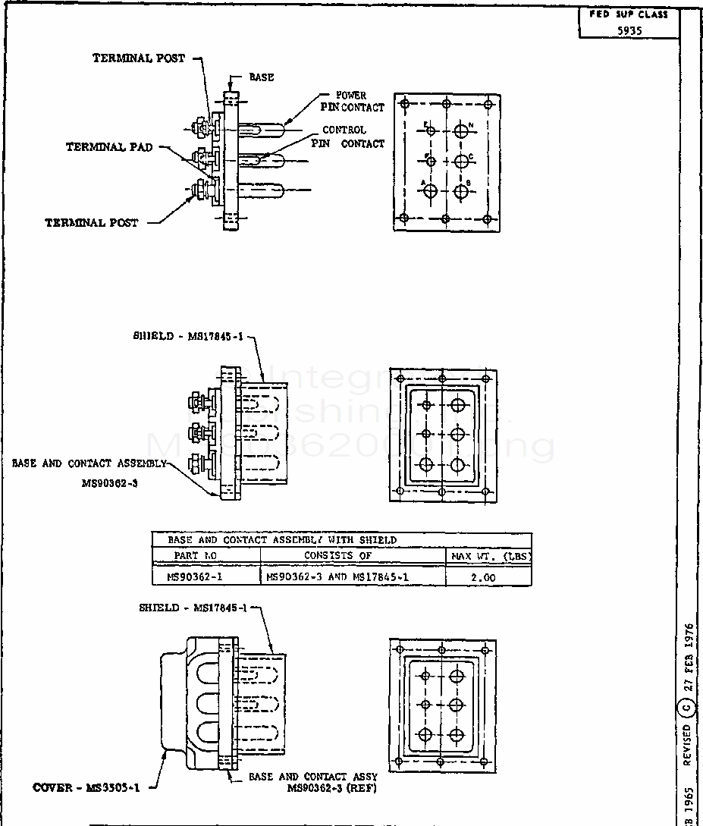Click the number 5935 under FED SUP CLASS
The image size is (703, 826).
point(629,31)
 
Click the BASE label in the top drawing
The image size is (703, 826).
point(262,77)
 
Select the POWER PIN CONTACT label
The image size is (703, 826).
point(352,102)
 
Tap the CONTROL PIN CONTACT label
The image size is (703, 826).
point(347,137)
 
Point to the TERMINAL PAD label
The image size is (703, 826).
point(109,147)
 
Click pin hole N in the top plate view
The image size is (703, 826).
point(462,131)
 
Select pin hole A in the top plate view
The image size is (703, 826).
point(430,191)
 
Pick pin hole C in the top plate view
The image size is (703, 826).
point(462,162)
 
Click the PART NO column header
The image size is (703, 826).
point(196,556)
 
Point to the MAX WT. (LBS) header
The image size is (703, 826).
point(490,556)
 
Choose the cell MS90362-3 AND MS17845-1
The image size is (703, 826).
point(337,577)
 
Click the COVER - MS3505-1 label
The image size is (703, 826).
point(86,787)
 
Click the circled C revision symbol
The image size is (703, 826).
point(687,709)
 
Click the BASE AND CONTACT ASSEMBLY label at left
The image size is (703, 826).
point(89,463)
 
